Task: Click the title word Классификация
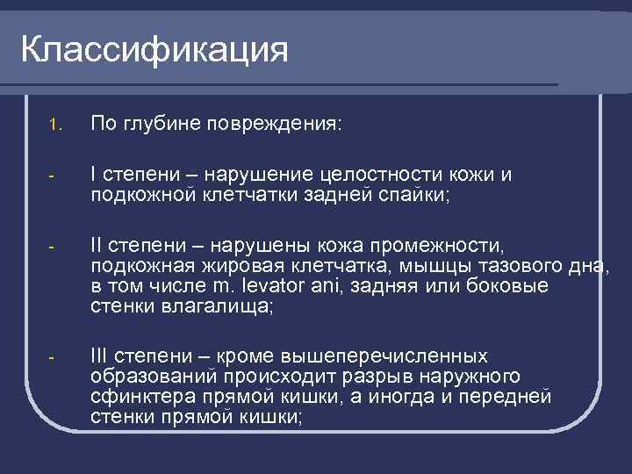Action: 154,50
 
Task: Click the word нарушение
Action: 294,176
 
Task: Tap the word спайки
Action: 413,194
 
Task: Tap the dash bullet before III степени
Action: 52,357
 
